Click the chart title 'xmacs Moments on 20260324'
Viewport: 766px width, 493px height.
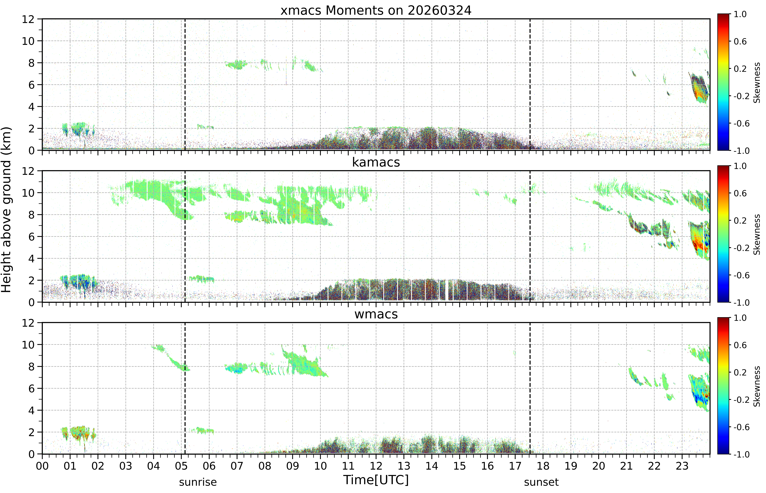tap(376, 11)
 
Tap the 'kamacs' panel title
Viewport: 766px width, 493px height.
tap(376, 162)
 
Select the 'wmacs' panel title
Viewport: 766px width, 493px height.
tap(376, 314)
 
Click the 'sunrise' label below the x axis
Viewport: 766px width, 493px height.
tap(198, 482)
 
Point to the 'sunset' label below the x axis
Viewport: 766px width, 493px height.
tap(541, 482)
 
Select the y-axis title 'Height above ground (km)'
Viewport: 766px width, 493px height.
tap(6, 210)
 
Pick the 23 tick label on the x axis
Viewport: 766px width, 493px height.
tap(682, 466)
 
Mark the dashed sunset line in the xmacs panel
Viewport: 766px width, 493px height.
tap(530, 85)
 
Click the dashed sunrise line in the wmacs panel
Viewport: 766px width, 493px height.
tap(185, 388)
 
